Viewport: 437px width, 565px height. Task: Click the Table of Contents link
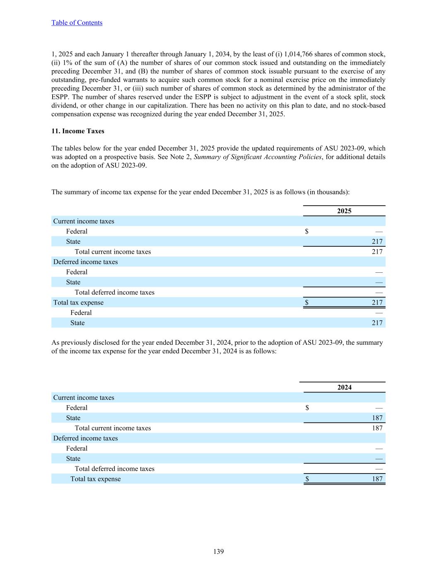[77, 23]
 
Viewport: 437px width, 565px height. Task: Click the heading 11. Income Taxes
[78, 131]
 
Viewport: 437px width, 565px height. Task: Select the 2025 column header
[344, 211]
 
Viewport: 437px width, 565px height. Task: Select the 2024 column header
[344, 387]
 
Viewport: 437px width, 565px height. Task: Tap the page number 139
[219, 551]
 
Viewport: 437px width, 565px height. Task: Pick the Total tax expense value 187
[377, 479]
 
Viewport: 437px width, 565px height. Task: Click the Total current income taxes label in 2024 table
[113, 428]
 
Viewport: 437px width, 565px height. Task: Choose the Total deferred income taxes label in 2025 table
[114, 292]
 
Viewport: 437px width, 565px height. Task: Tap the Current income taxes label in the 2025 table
[84, 221]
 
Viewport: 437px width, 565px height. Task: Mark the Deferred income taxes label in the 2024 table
[85, 438]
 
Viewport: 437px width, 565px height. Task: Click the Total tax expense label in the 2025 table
[78, 303]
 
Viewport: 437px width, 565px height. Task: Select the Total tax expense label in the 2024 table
[96, 479]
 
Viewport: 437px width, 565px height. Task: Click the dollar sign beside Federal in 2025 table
[307, 231]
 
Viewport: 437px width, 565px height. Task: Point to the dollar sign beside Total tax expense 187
[307, 479]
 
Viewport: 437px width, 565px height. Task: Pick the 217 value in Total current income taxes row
[377, 252]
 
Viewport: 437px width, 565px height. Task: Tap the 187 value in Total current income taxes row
[377, 428]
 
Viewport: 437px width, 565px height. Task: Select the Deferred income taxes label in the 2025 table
[85, 262]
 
